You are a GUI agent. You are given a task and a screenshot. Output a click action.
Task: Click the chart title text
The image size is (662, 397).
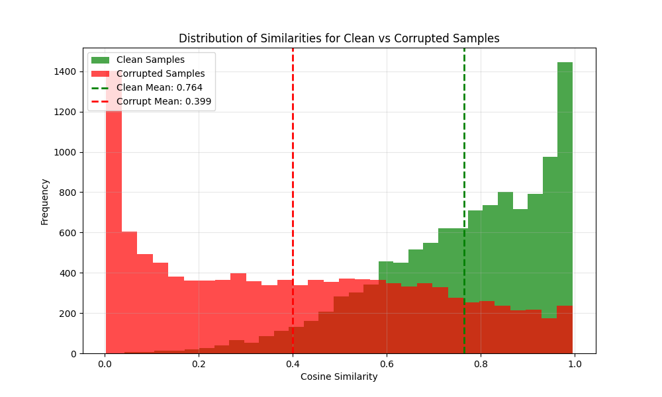pyautogui.click(x=339, y=38)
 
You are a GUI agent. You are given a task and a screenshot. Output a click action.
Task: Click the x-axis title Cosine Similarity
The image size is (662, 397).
pyautogui.click(x=339, y=376)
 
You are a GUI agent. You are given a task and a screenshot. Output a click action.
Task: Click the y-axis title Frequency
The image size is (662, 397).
pyautogui.click(x=45, y=201)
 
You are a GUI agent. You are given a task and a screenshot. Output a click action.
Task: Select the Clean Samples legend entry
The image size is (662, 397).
pyautogui.click(x=150, y=60)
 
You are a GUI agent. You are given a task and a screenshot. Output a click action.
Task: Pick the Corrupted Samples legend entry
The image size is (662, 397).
pyautogui.click(x=160, y=74)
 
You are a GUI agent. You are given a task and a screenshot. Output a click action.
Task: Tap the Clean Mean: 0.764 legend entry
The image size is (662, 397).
pyautogui.click(x=160, y=87)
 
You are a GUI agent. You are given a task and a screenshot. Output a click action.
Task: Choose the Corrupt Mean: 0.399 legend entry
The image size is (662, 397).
pyautogui.click(x=164, y=101)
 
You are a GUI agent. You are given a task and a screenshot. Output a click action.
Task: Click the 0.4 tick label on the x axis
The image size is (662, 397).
pyautogui.click(x=293, y=363)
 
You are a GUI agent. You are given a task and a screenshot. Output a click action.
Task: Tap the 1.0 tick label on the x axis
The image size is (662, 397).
pyautogui.click(x=575, y=363)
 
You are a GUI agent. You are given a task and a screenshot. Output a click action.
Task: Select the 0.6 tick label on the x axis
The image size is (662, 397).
pyautogui.click(x=387, y=363)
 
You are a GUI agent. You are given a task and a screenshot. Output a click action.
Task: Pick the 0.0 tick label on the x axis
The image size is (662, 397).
pyautogui.click(x=105, y=363)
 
